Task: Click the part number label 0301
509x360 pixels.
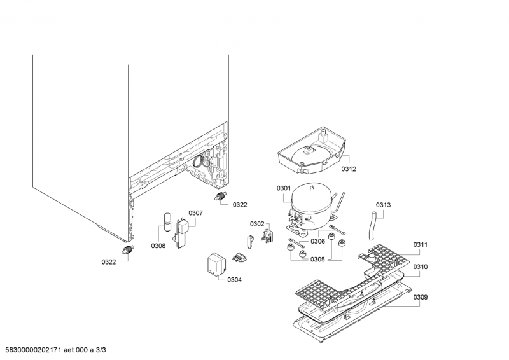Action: (284, 188)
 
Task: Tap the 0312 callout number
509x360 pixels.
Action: (349, 169)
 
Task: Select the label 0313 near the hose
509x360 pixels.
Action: (384, 205)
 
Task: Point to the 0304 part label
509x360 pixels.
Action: (234, 280)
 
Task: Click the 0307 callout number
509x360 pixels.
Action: (196, 213)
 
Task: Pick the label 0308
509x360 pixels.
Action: (158, 246)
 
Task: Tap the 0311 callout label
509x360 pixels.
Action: (421, 244)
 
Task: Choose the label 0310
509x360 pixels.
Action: (421, 267)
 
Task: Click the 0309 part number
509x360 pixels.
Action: (421, 297)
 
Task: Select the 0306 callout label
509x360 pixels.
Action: (317, 241)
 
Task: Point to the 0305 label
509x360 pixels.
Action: (317, 260)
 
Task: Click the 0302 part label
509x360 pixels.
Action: (257, 224)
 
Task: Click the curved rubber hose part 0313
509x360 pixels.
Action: (373, 226)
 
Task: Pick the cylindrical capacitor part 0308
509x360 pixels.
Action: (168, 221)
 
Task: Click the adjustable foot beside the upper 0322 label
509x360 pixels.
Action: (220, 197)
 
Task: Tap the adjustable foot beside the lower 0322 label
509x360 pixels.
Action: (129, 249)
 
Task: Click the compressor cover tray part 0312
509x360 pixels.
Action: (312, 149)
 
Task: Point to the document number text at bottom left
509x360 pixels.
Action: (56, 350)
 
